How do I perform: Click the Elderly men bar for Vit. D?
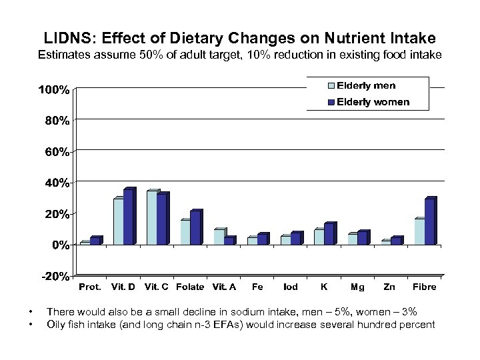118,221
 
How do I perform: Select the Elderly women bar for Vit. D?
129,217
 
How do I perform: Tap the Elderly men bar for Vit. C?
152,217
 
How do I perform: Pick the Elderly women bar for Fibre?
429,221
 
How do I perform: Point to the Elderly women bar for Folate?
195,228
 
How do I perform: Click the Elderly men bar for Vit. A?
219,237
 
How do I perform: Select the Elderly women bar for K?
329,234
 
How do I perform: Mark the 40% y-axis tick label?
55,183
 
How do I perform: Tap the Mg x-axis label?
358,287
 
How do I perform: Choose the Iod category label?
290,287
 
